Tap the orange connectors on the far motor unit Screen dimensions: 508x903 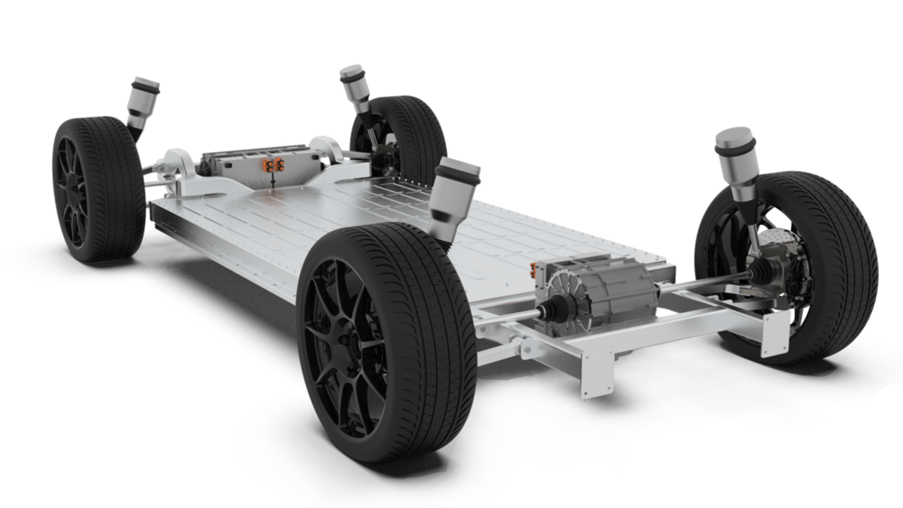click(x=273, y=164)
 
